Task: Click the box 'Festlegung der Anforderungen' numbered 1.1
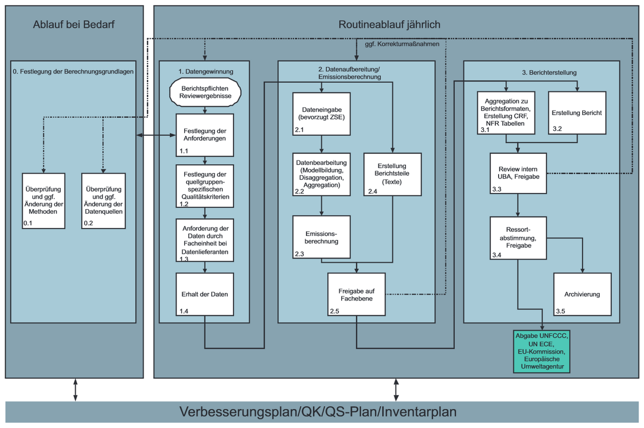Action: [x=205, y=135]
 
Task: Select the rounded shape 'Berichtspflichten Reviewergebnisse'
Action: [x=205, y=92]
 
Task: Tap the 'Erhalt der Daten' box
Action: [x=205, y=294]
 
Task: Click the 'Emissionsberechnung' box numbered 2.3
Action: [x=321, y=237]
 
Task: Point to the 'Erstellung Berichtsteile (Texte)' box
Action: [x=392, y=174]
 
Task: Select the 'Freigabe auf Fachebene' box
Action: [x=356, y=294]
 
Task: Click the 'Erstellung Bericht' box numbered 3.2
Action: [x=577, y=113]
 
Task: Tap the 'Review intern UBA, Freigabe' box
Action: [x=518, y=173]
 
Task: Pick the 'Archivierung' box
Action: [x=582, y=294]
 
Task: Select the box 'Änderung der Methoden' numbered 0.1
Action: [x=43, y=200]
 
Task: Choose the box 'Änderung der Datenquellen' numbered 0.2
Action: [x=103, y=200]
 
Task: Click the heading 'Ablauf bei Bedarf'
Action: [x=74, y=24]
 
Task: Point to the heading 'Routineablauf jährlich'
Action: [x=390, y=24]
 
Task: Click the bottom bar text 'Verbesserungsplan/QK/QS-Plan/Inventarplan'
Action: [x=318, y=412]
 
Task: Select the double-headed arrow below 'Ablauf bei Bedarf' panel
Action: [x=75, y=390]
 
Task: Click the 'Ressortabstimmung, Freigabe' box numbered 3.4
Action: [x=518, y=238]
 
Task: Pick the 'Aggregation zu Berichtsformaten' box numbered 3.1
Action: [x=506, y=113]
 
